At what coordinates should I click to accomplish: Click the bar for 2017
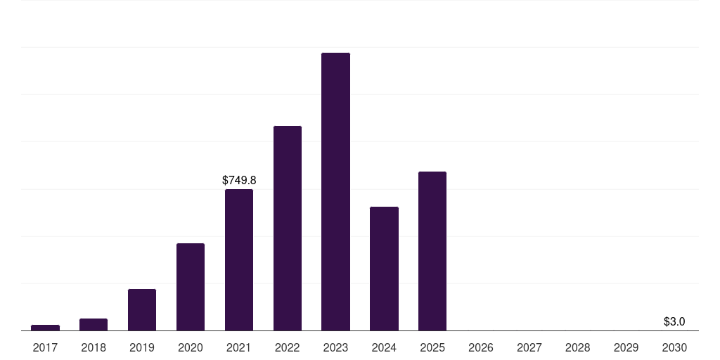[x=46, y=328]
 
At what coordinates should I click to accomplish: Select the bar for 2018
[x=94, y=325]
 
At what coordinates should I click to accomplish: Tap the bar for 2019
[x=142, y=310]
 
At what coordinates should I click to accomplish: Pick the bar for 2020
[x=191, y=287]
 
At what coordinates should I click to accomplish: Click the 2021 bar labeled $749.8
[x=239, y=260]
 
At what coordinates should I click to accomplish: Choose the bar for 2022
[x=288, y=229]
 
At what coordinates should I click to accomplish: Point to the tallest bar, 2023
[x=335, y=192]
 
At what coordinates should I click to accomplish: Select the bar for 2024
[x=384, y=269]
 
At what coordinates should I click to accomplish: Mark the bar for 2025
[x=432, y=251]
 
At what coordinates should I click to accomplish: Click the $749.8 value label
[x=239, y=181]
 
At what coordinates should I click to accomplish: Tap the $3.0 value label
[x=674, y=322]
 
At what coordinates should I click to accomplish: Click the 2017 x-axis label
[x=46, y=348]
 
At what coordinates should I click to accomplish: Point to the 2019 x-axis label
[x=142, y=348]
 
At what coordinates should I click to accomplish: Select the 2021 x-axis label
[x=239, y=348]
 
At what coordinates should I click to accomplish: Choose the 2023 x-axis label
[x=335, y=348]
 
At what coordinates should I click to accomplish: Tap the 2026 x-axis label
[x=481, y=348]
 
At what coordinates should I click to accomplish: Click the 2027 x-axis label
[x=529, y=348]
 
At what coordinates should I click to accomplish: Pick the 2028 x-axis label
[x=578, y=348]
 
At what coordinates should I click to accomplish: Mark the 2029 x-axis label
[x=626, y=348]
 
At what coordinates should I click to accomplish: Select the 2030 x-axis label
[x=674, y=348]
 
